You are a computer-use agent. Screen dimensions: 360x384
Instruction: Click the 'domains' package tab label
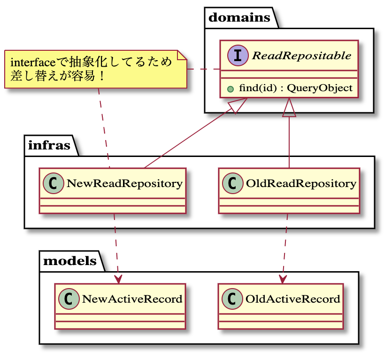[239, 18]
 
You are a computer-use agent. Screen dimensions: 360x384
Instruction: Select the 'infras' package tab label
[49, 145]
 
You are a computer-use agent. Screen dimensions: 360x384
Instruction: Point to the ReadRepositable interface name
[301, 56]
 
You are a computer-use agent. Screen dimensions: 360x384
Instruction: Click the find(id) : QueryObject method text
[295, 87]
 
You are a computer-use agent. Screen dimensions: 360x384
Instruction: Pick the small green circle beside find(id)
[230, 88]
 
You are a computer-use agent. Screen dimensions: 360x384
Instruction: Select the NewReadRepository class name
[124, 183]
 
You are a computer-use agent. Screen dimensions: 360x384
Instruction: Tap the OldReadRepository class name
[301, 183]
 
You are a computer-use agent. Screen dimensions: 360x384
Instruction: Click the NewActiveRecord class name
[132, 299]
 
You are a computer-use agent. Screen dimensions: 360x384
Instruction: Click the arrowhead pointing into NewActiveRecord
[118, 279]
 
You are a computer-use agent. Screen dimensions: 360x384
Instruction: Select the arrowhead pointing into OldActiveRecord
[283, 279]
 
